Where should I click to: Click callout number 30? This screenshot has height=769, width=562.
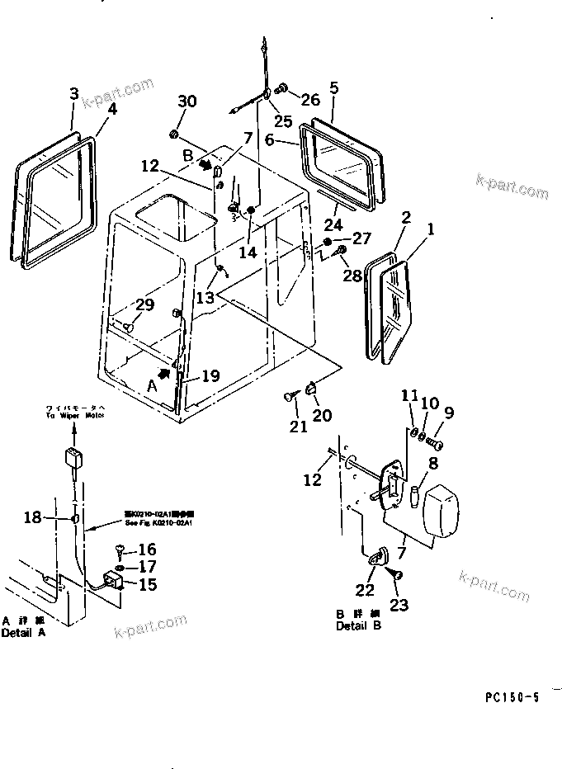(x=187, y=101)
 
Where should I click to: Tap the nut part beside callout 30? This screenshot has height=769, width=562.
(x=175, y=134)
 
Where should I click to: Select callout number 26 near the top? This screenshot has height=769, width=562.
(x=309, y=101)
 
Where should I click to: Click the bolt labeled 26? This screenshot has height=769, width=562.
(x=283, y=87)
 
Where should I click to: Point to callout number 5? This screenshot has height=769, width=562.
(x=334, y=87)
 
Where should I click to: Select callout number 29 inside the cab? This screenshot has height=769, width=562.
(x=144, y=306)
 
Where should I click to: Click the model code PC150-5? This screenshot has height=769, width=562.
(x=512, y=698)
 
